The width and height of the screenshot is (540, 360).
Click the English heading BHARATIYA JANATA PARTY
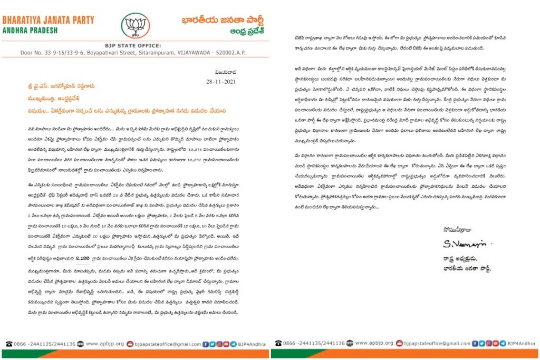pyautogui.click(x=49, y=20)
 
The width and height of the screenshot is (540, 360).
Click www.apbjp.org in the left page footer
pyautogui.click(x=104, y=343)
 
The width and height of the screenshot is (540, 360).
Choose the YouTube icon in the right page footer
pyautogui.click(x=494, y=343)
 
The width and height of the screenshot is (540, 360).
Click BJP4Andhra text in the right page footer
pyautogui.click(x=520, y=343)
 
